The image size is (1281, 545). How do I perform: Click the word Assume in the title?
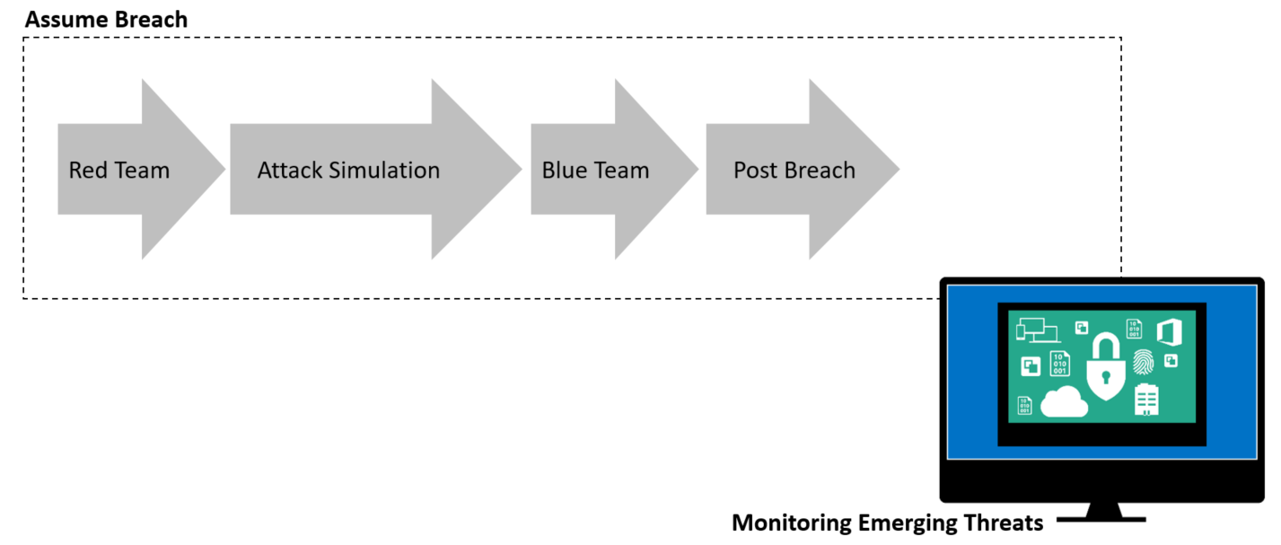tap(66, 20)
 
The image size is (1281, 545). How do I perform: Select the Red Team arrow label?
tap(119, 170)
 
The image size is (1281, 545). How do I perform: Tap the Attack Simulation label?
tap(348, 170)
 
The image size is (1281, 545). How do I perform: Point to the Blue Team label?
tap(595, 170)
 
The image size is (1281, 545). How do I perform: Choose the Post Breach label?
tap(794, 170)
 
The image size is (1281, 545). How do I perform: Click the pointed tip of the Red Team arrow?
tap(224, 169)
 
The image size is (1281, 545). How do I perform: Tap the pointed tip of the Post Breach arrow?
tap(899, 169)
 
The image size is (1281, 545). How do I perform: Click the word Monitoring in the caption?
tap(792, 523)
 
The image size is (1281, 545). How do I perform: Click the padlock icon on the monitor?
tap(1105, 366)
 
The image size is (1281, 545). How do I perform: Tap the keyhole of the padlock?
tap(1105, 377)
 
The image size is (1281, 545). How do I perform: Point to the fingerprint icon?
tap(1143, 362)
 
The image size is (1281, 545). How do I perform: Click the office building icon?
tap(1146, 400)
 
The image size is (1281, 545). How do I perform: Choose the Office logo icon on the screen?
tap(1170, 331)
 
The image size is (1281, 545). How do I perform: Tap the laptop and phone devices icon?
tap(1038, 330)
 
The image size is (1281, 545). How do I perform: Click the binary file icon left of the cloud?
tap(1024, 406)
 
